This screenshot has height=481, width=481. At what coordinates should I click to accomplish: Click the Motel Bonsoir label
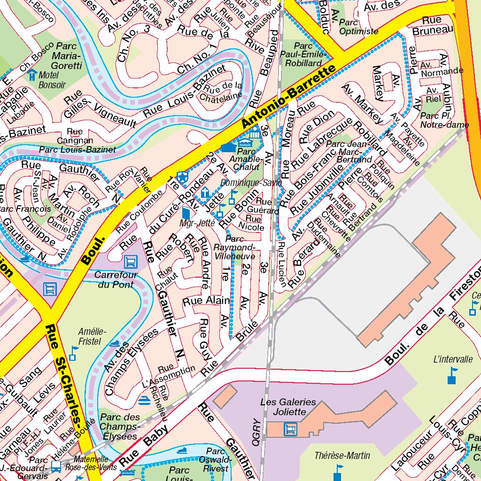[52, 80]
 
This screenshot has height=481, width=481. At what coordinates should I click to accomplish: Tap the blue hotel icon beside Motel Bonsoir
[32, 74]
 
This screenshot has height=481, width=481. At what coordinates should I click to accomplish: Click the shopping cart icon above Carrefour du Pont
[130, 260]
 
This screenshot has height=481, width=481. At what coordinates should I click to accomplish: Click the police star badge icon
[183, 176]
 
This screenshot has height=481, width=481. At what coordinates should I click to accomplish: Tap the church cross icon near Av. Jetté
[205, 192]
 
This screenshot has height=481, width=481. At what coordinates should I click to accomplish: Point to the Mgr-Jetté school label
[197, 223]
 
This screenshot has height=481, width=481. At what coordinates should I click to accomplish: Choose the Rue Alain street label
[206, 301]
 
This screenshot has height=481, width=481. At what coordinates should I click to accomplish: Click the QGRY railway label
[256, 431]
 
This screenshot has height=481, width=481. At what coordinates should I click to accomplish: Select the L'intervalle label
[453, 359]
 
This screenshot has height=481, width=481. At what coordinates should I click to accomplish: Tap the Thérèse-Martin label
[342, 455]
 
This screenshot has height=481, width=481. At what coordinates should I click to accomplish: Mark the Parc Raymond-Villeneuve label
[234, 247]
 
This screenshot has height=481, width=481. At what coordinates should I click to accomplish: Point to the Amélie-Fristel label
[92, 336]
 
